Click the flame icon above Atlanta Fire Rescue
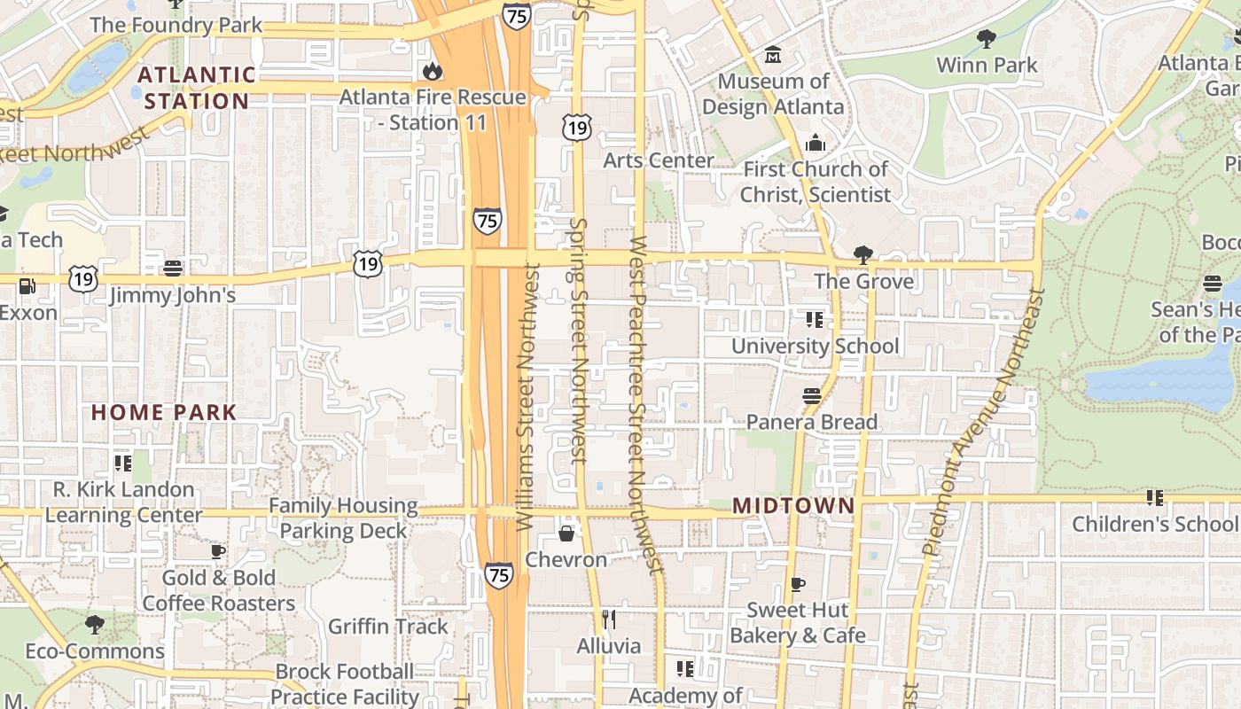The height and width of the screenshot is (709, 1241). (x=433, y=70)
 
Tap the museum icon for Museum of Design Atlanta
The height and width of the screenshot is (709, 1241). (x=773, y=55)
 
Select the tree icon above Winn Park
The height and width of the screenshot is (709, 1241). (x=986, y=38)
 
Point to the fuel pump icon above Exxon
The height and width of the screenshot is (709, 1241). (x=27, y=286)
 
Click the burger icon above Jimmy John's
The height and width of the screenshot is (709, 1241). (x=173, y=267)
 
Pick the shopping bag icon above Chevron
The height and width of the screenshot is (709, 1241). (x=566, y=534)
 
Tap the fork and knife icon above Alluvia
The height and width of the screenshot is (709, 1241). (x=608, y=619)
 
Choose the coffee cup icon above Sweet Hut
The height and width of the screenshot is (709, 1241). (x=797, y=584)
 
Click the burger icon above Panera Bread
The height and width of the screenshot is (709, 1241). (x=811, y=395)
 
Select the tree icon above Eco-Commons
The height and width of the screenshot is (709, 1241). (x=94, y=625)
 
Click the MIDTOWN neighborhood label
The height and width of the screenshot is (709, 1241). (x=793, y=506)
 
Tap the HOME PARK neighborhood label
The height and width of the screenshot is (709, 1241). (x=164, y=412)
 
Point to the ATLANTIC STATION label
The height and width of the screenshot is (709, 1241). (x=197, y=88)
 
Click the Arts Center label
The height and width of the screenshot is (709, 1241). (x=659, y=160)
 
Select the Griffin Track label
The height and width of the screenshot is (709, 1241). (x=388, y=627)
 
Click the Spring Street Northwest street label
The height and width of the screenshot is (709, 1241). (x=579, y=341)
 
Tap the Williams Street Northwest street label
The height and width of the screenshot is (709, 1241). (x=528, y=397)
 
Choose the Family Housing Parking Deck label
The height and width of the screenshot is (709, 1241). (x=343, y=518)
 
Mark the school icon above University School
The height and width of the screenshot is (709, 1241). (x=814, y=319)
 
